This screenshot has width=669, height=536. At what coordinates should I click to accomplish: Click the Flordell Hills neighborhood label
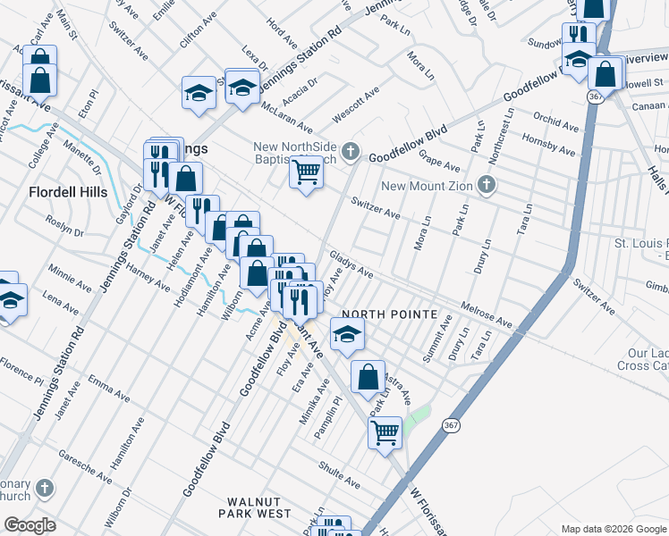tap(68, 192)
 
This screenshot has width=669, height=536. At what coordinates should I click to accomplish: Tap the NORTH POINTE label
tap(389, 315)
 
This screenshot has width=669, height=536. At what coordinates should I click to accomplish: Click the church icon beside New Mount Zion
tap(486, 185)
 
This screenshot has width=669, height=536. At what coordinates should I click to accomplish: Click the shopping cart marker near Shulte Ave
tap(385, 432)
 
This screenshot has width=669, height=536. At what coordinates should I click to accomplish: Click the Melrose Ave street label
tap(487, 314)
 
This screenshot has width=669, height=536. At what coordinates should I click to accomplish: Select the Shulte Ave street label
tap(340, 475)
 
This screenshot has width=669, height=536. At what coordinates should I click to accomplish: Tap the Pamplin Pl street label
tap(327, 416)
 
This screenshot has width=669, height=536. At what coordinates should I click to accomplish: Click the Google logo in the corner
tap(30, 525)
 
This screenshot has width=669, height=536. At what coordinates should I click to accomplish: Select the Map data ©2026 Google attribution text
tap(613, 529)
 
